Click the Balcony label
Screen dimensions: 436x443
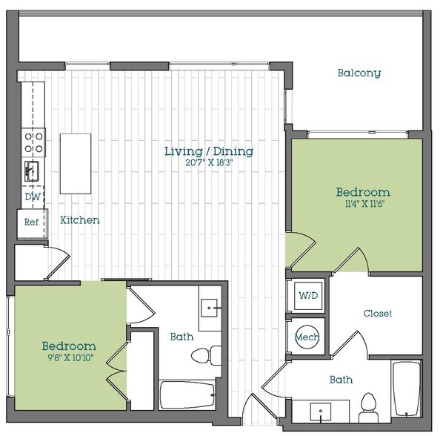[359, 73]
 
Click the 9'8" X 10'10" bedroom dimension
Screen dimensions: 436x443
[68, 359]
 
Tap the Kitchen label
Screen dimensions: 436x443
[80, 220]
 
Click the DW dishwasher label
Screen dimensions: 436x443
[32, 197]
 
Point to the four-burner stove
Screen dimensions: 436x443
[34, 140]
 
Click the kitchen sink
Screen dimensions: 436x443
[33, 170]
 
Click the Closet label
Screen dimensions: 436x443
[377, 314]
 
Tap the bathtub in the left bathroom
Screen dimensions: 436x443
[187, 398]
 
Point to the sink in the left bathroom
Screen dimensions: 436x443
[210, 305]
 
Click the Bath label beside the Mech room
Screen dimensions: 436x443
[341, 380]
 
